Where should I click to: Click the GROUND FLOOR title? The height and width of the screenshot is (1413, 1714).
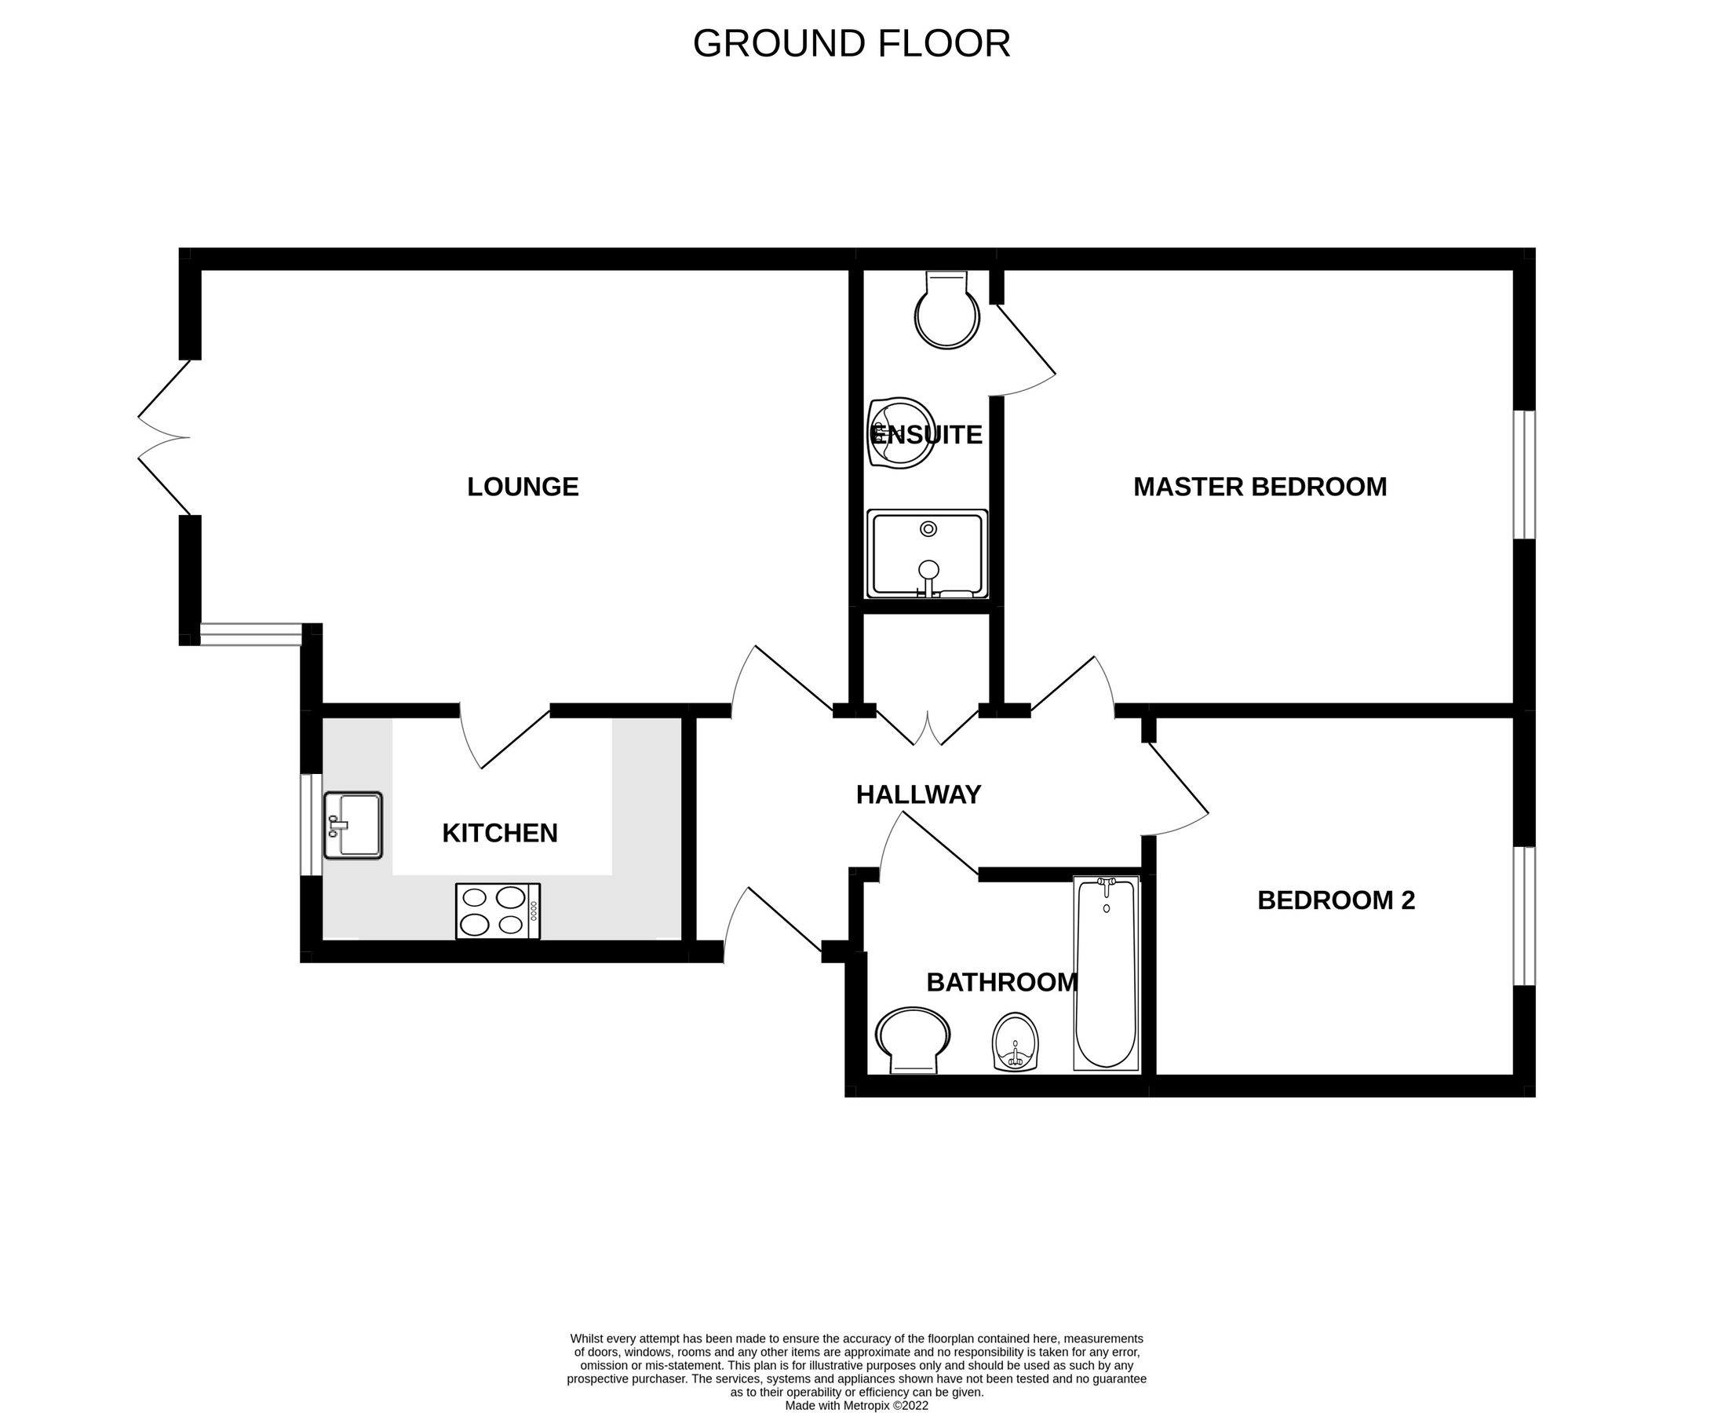click(x=852, y=44)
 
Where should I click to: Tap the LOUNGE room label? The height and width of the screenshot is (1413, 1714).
click(x=523, y=487)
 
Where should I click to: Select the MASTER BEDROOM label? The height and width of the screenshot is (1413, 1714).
click(x=1259, y=487)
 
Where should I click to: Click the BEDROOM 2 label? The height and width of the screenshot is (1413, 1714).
click(x=1336, y=900)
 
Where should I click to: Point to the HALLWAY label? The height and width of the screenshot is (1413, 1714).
click(x=918, y=794)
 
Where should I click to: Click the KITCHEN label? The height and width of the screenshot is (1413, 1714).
click(x=500, y=833)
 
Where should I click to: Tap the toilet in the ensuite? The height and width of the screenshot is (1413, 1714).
click(x=946, y=312)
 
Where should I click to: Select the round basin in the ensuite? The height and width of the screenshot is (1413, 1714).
click(x=900, y=433)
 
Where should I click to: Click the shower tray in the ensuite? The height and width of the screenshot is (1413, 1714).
click(x=927, y=554)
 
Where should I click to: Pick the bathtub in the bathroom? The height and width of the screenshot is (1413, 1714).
click(x=1105, y=973)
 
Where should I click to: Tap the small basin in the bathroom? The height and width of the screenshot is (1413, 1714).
click(x=1016, y=1042)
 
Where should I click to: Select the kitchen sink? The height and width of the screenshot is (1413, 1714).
click(x=352, y=825)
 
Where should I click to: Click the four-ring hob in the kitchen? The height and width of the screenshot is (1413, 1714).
click(x=498, y=911)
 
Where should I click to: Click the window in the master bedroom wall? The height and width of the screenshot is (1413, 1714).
click(x=1523, y=474)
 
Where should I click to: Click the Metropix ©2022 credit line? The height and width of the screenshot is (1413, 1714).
click(x=856, y=1405)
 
